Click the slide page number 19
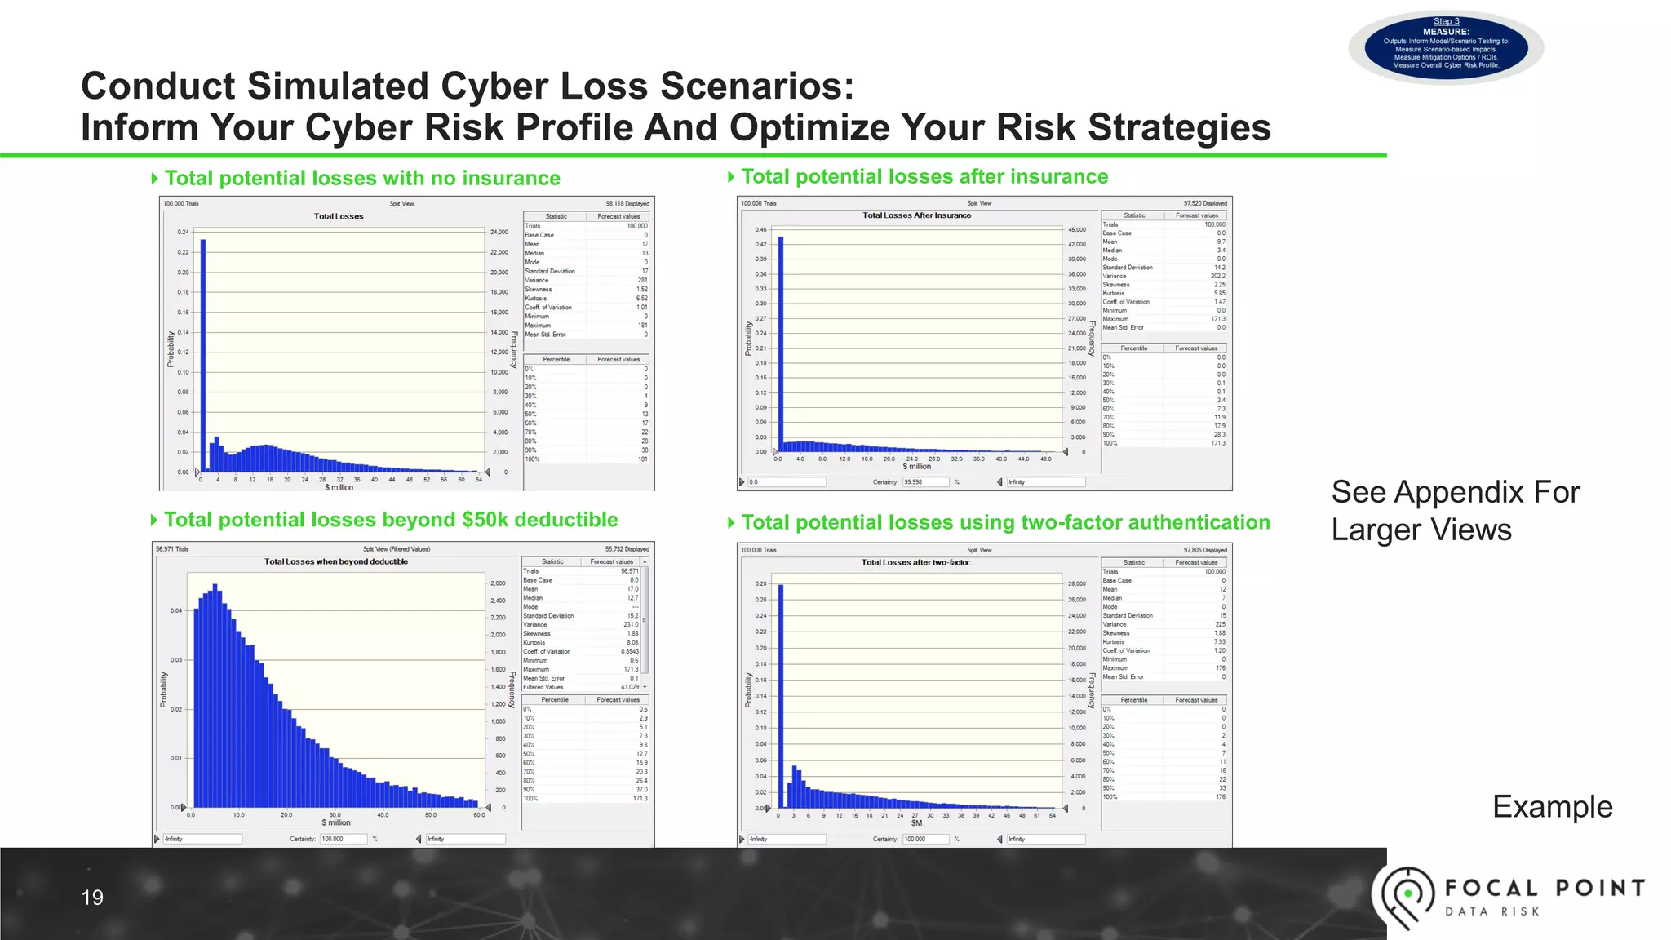[x=92, y=898]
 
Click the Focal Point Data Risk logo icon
[x=1405, y=896]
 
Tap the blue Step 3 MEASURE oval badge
[x=1446, y=47]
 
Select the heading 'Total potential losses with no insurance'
[x=362, y=178]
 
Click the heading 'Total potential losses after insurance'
[x=924, y=176]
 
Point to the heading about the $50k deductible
[x=391, y=520]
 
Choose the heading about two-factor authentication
[x=1005, y=522]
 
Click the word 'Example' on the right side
[x=1552, y=806]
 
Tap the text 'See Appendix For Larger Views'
[x=1455, y=511]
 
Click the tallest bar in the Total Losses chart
[x=203, y=355]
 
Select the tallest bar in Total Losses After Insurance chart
[x=781, y=343]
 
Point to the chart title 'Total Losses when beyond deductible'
[x=335, y=561]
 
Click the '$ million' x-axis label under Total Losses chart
[x=339, y=487]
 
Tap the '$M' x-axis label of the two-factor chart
[x=916, y=823]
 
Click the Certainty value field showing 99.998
[x=925, y=482]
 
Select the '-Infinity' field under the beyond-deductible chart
[x=202, y=839]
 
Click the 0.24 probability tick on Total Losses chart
[x=183, y=232]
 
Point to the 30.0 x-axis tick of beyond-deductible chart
[x=335, y=814]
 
